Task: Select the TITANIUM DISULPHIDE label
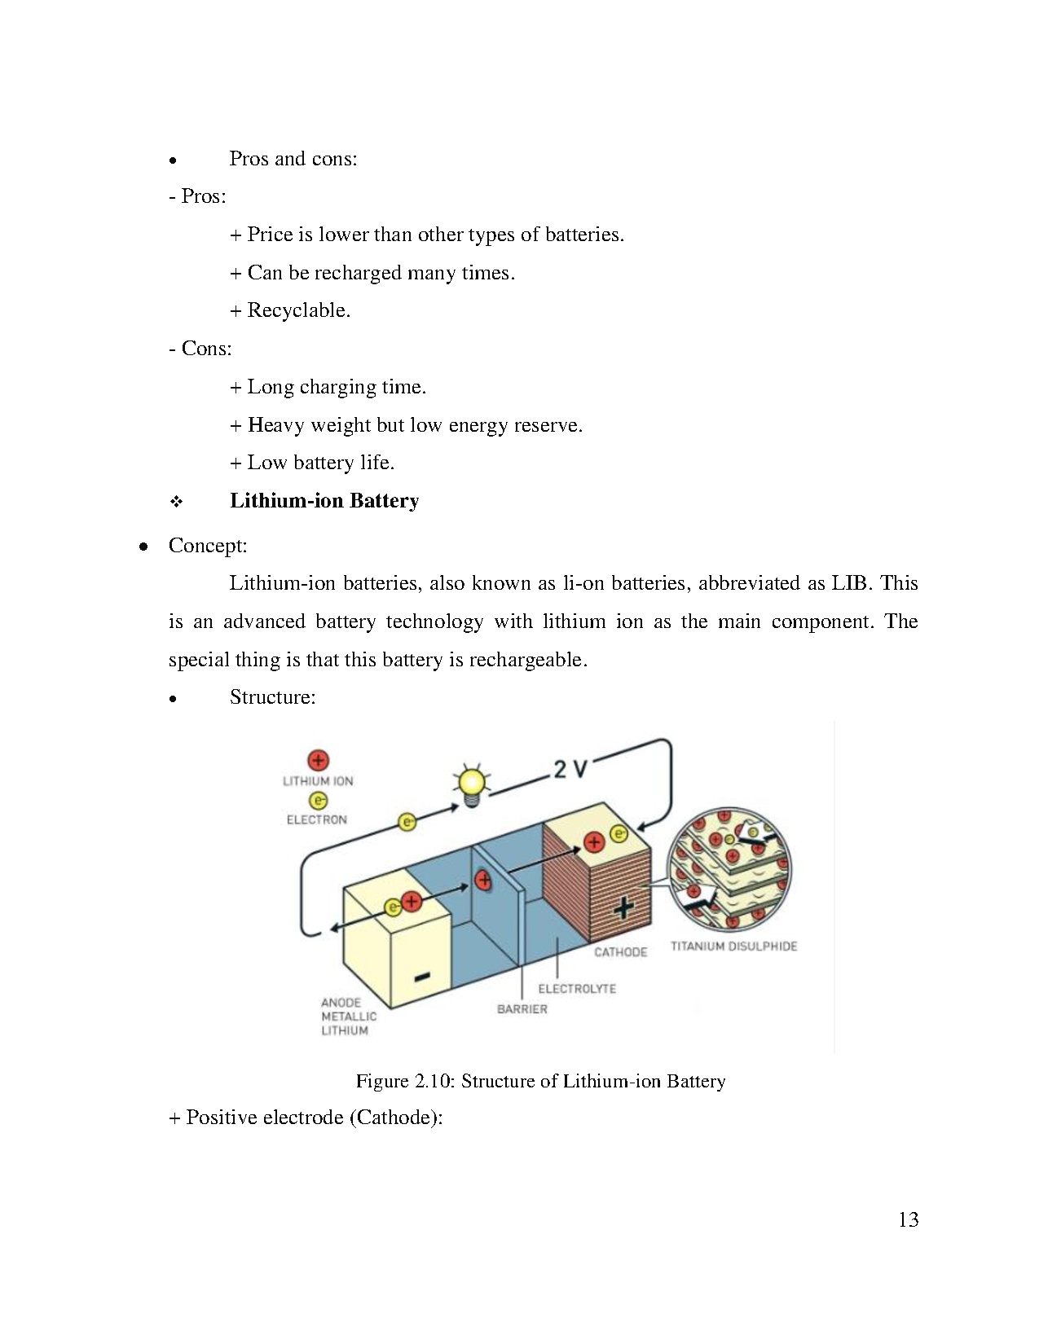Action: tap(733, 947)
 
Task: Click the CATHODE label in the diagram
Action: tap(620, 952)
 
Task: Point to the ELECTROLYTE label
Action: tap(577, 989)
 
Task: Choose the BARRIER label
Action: tap(522, 1009)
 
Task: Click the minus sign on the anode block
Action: tap(422, 977)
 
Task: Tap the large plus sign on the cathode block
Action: tap(623, 907)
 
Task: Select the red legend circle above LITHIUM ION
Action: tap(318, 761)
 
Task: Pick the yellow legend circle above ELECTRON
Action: tap(318, 802)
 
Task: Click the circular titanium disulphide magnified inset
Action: tap(729, 868)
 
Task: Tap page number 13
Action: tap(909, 1219)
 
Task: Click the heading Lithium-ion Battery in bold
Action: tap(324, 501)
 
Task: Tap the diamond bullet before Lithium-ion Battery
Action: tap(176, 502)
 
